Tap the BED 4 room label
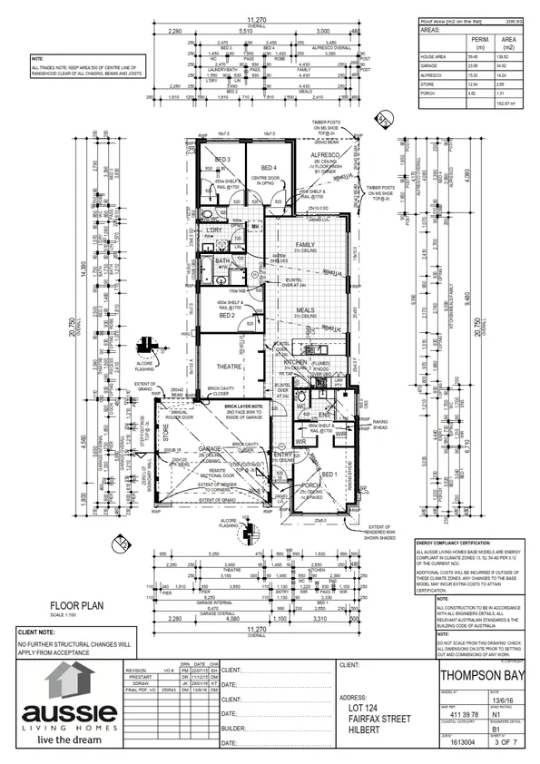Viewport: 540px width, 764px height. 269,168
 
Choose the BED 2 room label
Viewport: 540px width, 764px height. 229,315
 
